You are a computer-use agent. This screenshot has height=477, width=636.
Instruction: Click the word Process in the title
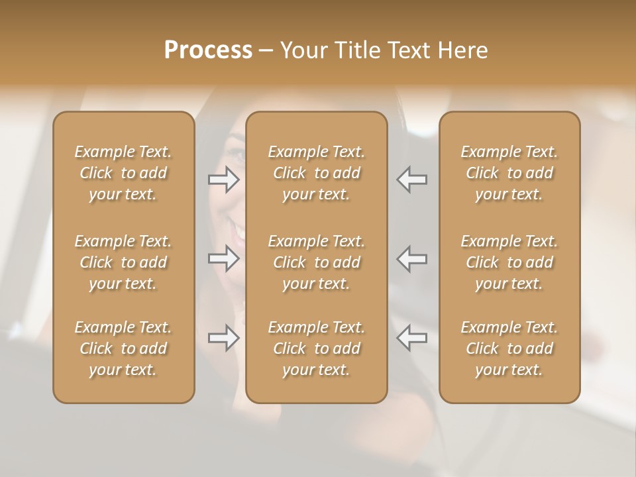[208, 50]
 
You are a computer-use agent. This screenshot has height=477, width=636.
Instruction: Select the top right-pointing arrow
[223, 180]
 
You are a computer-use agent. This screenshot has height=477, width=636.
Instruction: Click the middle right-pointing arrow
[223, 258]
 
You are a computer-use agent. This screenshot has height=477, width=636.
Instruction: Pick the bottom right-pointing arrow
[223, 338]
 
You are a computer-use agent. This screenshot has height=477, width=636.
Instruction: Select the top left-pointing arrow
[412, 180]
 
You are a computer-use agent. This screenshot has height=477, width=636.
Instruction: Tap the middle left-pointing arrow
[412, 258]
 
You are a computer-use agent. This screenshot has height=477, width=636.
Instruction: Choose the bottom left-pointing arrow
[412, 338]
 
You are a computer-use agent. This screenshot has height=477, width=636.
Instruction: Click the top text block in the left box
[123, 173]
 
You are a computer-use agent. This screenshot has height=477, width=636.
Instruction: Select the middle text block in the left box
[123, 262]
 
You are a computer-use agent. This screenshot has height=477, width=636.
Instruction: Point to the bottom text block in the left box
[123, 348]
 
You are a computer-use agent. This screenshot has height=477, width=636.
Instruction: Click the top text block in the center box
[317, 173]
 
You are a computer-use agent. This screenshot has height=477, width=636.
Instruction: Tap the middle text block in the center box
[317, 262]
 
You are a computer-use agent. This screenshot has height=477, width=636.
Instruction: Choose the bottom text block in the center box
[317, 348]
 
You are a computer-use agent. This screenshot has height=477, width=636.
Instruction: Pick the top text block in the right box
[509, 173]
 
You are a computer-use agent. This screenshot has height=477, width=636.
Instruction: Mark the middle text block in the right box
[509, 262]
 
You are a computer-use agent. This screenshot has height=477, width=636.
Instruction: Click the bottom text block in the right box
[509, 348]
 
